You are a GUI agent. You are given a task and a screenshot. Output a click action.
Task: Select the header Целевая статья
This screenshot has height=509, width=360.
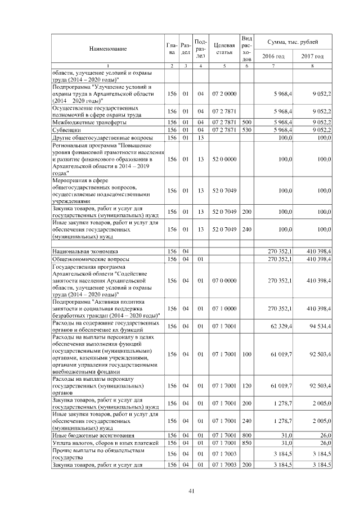coord(224,49)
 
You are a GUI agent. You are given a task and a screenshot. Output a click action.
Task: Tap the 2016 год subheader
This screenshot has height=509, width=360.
coord(273,56)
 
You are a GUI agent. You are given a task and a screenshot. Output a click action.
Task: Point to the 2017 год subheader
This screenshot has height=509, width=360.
coord(312,56)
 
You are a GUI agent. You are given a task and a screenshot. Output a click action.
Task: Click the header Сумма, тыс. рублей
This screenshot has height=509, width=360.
coord(292,42)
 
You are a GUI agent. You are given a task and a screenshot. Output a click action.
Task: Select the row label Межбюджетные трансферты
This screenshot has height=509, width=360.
coord(89,121)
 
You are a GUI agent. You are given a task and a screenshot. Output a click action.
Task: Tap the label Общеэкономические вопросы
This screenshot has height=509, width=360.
coord(92,259)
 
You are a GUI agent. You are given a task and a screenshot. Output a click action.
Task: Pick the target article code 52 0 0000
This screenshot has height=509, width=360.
coord(224,160)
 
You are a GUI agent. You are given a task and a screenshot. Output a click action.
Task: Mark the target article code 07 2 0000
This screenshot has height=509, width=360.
coord(224,93)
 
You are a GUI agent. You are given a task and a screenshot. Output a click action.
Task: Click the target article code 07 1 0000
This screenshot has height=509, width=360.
coord(224,308)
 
